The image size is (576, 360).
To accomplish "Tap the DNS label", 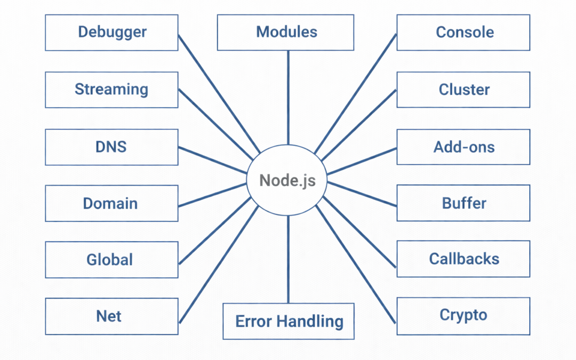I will (111, 147).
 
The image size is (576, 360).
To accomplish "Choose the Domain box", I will (111, 203).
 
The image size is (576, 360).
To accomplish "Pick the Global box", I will (111, 260).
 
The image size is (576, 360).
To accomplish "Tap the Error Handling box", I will (289, 322).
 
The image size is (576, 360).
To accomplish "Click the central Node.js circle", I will (287, 180).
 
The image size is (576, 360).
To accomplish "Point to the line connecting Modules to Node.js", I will (288, 96).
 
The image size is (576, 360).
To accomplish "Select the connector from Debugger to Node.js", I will (219, 93).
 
